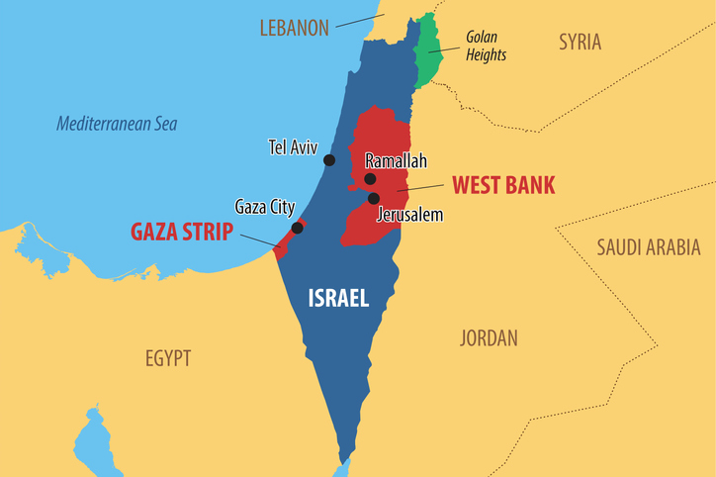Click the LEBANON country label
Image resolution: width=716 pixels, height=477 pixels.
coord(294,28)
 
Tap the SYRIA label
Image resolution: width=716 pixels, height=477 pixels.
coord(580,42)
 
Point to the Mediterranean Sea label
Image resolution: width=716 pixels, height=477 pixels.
coord(117,124)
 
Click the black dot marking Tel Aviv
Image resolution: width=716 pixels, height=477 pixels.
coord(329,160)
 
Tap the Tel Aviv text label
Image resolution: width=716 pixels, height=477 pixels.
coord(293,148)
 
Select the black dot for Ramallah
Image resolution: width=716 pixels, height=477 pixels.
coord(370,179)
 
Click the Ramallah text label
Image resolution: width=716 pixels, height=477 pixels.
coord(396,160)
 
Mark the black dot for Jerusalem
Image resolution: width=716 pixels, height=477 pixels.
coord(374,199)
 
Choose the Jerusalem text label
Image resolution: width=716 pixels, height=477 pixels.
coord(409,214)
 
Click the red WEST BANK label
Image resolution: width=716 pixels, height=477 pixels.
coord(503,184)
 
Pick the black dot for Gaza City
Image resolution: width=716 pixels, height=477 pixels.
coord(297,229)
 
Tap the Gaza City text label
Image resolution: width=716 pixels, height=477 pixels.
coord(264,207)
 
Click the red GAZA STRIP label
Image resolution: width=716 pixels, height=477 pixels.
coord(182,232)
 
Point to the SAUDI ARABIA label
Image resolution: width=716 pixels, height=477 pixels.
coord(648,247)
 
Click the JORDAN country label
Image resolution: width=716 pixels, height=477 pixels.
coord(489,338)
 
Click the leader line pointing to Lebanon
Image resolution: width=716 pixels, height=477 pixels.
coord(360,21)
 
